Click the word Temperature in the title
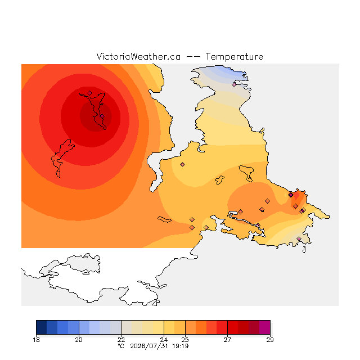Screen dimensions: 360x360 coord(234,57)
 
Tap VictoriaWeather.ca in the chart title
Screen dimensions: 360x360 coord(138,56)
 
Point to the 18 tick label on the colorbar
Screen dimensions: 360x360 coord(36,340)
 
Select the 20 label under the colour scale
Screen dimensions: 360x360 coord(79,340)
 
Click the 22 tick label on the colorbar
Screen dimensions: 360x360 coord(121,340)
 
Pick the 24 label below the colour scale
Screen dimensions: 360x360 coord(164,340)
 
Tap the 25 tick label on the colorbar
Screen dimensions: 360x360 coord(185,340)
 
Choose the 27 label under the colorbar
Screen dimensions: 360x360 coord(227,340)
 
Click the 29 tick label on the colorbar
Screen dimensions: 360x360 coord(270,340)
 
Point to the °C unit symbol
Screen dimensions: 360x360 coord(121,346)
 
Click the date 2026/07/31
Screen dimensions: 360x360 coord(149,346)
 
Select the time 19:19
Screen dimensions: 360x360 coord(181,346)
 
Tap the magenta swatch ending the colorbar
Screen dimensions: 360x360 coord(265,327)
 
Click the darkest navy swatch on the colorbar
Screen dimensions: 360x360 coord(42,327)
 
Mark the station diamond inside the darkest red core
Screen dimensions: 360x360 coord(102,116)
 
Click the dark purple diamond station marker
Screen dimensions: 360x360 coord(291,195)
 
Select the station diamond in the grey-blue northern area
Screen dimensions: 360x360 coord(234,85)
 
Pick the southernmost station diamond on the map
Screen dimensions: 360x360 coord(299,238)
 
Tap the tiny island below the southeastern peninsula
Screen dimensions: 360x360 coord(304,250)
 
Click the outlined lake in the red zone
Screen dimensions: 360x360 coord(61,157)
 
